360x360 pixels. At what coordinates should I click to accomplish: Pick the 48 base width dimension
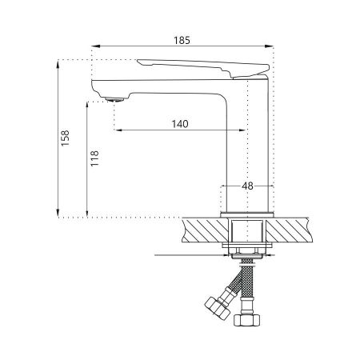pos(247,186)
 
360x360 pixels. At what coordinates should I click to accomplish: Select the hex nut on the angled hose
pos(216,309)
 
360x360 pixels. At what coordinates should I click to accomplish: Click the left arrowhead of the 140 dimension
pos(119,131)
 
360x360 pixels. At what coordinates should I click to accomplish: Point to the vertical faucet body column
pos(246,144)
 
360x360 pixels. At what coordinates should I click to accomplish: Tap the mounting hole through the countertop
pos(246,233)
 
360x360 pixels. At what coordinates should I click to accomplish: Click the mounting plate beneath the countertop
pos(246,251)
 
